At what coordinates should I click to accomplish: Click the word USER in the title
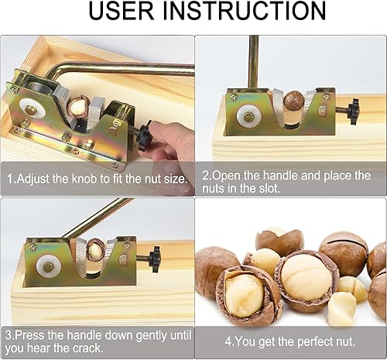[121, 11]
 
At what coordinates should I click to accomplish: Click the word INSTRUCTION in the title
[245, 11]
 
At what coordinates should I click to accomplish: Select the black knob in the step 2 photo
[353, 111]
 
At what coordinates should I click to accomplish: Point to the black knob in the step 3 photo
[155, 259]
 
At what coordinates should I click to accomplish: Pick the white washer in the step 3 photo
[49, 267]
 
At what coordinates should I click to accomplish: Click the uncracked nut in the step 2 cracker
[294, 101]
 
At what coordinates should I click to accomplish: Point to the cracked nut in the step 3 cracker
[94, 249]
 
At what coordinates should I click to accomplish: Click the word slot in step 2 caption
[269, 188]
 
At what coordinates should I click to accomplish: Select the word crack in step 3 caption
[87, 348]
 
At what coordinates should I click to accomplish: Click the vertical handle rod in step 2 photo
[254, 62]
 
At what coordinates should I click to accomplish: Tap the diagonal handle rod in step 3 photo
[99, 218]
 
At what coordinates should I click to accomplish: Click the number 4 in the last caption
[228, 341]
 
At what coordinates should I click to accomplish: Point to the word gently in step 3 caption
[152, 335]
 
